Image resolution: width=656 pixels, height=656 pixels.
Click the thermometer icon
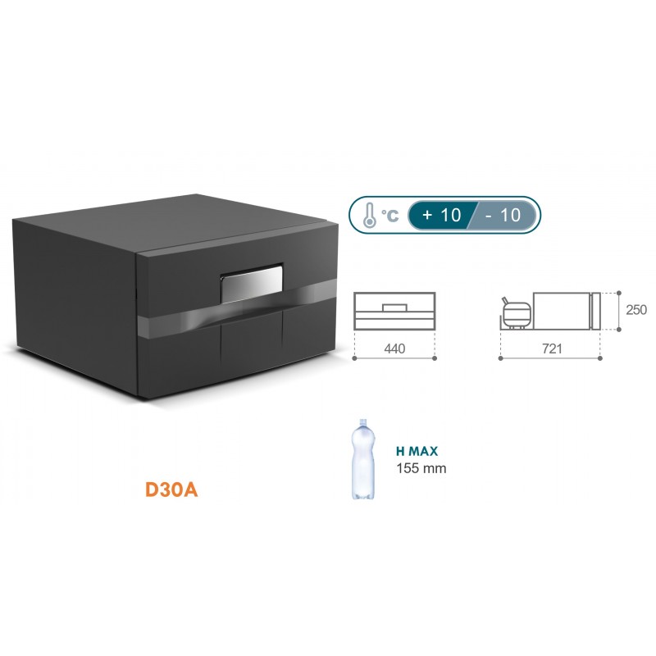point(369,215)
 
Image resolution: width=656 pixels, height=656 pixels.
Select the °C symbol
point(392,216)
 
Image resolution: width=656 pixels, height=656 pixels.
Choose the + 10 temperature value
point(441,215)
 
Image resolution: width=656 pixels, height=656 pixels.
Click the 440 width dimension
point(394,348)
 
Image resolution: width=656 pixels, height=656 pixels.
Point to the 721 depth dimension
point(551,348)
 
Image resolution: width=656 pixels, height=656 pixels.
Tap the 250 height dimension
point(636,310)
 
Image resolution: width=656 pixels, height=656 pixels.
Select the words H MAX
point(417,451)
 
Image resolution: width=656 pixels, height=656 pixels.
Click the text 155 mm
point(420,468)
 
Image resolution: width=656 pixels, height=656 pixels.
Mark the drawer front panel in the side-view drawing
point(596,310)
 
